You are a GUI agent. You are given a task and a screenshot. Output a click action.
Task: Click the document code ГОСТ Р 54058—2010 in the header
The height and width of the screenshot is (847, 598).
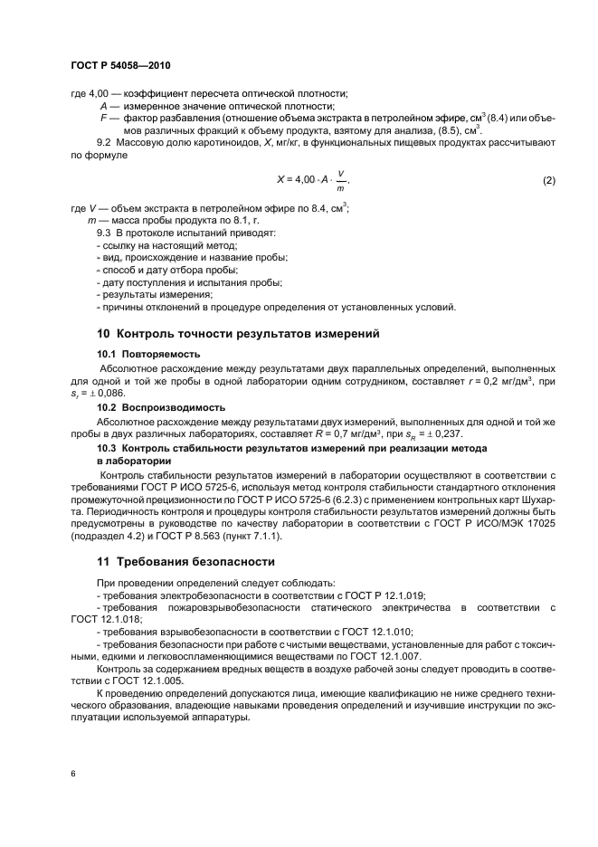point(119,67)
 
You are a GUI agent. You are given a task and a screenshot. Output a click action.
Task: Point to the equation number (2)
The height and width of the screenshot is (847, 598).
point(548,180)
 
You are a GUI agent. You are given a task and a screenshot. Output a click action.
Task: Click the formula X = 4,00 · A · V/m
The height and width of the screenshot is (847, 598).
point(311,180)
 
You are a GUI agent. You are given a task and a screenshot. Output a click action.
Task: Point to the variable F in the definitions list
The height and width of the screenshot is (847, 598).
point(104,118)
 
